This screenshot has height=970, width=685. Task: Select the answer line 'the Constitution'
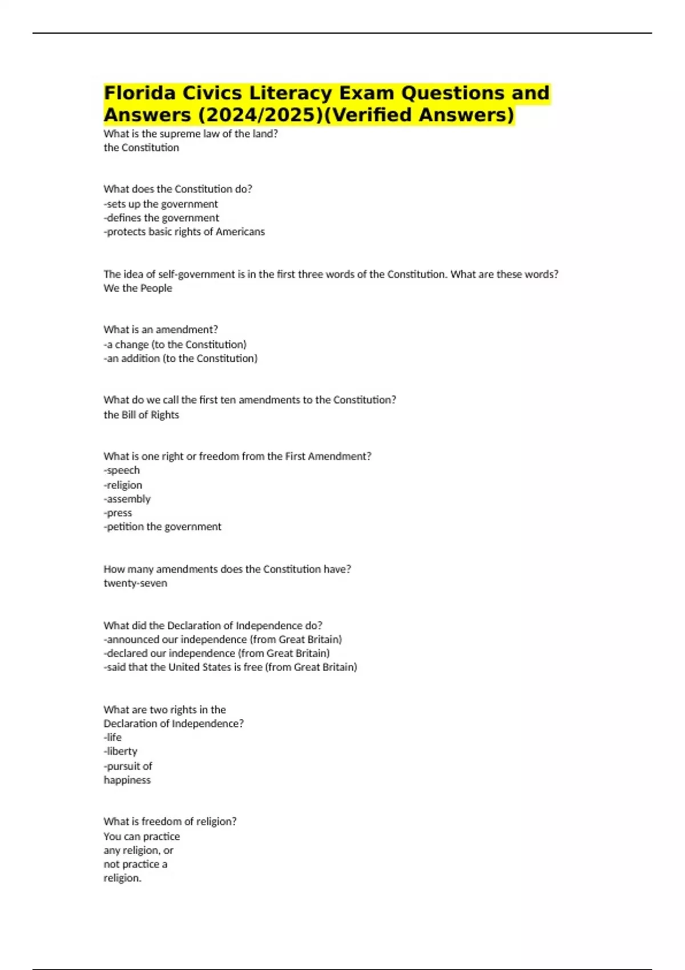pyautogui.click(x=141, y=148)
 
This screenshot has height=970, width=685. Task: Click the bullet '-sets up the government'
pyautogui.click(x=160, y=204)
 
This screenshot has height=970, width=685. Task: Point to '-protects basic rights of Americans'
pyautogui.click(x=184, y=232)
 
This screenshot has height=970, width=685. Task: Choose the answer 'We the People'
pyautogui.click(x=138, y=288)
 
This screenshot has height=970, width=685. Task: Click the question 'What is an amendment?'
pyautogui.click(x=160, y=329)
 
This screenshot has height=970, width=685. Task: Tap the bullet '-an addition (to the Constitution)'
pyautogui.click(x=180, y=358)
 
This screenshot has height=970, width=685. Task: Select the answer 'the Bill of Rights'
pyautogui.click(x=141, y=415)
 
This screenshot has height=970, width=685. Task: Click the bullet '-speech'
pyautogui.click(x=122, y=470)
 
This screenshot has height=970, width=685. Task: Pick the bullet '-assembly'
pyautogui.click(x=127, y=499)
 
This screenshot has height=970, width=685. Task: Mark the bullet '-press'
pyautogui.click(x=118, y=513)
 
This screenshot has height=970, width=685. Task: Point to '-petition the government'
pyautogui.click(x=162, y=527)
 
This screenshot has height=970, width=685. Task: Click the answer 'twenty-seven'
pyautogui.click(x=135, y=583)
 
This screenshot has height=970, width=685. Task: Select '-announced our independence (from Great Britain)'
pyautogui.click(x=223, y=639)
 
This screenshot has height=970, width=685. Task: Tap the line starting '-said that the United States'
pyautogui.click(x=230, y=667)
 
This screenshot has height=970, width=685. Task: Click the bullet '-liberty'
pyautogui.click(x=120, y=751)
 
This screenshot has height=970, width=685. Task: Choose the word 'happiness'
pyautogui.click(x=127, y=780)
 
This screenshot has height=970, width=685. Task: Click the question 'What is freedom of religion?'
pyautogui.click(x=170, y=821)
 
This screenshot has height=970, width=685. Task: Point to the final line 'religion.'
pyautogui.click(x=122, y=878)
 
